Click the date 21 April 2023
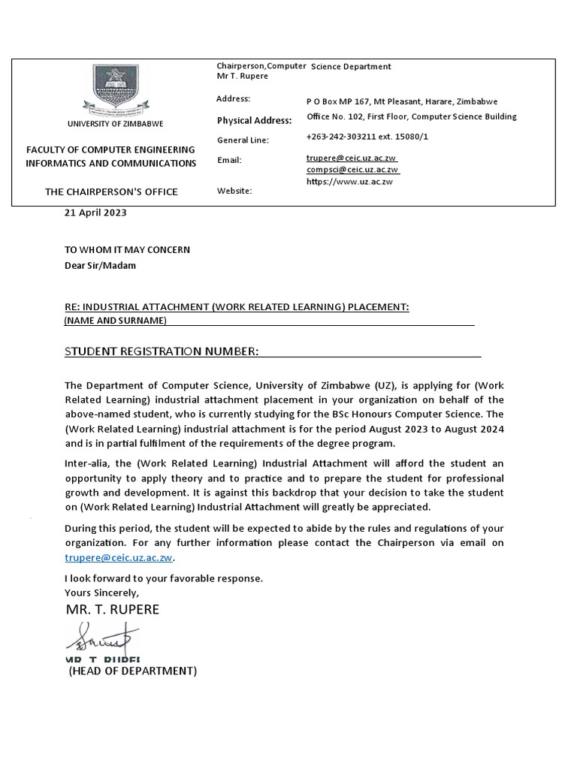tap(95, 213)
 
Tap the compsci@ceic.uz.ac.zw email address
tap(352, 170)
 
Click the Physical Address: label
tap(254, 120)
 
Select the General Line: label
tap(243, 140)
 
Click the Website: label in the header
tap(234, 191)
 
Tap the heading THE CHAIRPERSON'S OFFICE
tap(111, 191)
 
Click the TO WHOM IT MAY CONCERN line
tap(127, 249)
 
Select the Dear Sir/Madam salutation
tap(100, 266)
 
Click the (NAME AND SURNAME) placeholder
tap(116, 321)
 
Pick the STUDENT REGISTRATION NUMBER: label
tap(162, 351)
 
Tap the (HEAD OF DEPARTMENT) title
tap(133, 671)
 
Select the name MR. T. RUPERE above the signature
tap(113, 609)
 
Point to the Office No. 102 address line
tap(411, 116)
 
